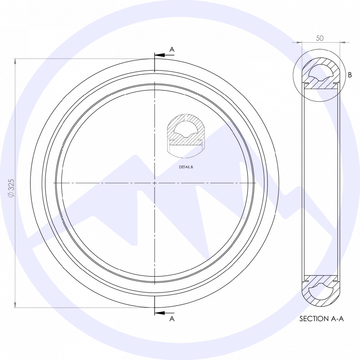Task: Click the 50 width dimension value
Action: pyautogui.click(x=320, y=38)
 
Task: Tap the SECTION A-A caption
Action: pyautogui.click(x=322, y=319)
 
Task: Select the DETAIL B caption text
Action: pyautogui.click(x=186, y=167)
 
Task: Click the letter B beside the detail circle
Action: pyautogui.click(x=350, y=75)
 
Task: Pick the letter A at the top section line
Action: pyautogui.click(x=172, y=50)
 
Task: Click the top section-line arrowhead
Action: pyautogui.click(x=159, y=55)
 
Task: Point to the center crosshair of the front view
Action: pyautogui.click(x=155, y=183)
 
